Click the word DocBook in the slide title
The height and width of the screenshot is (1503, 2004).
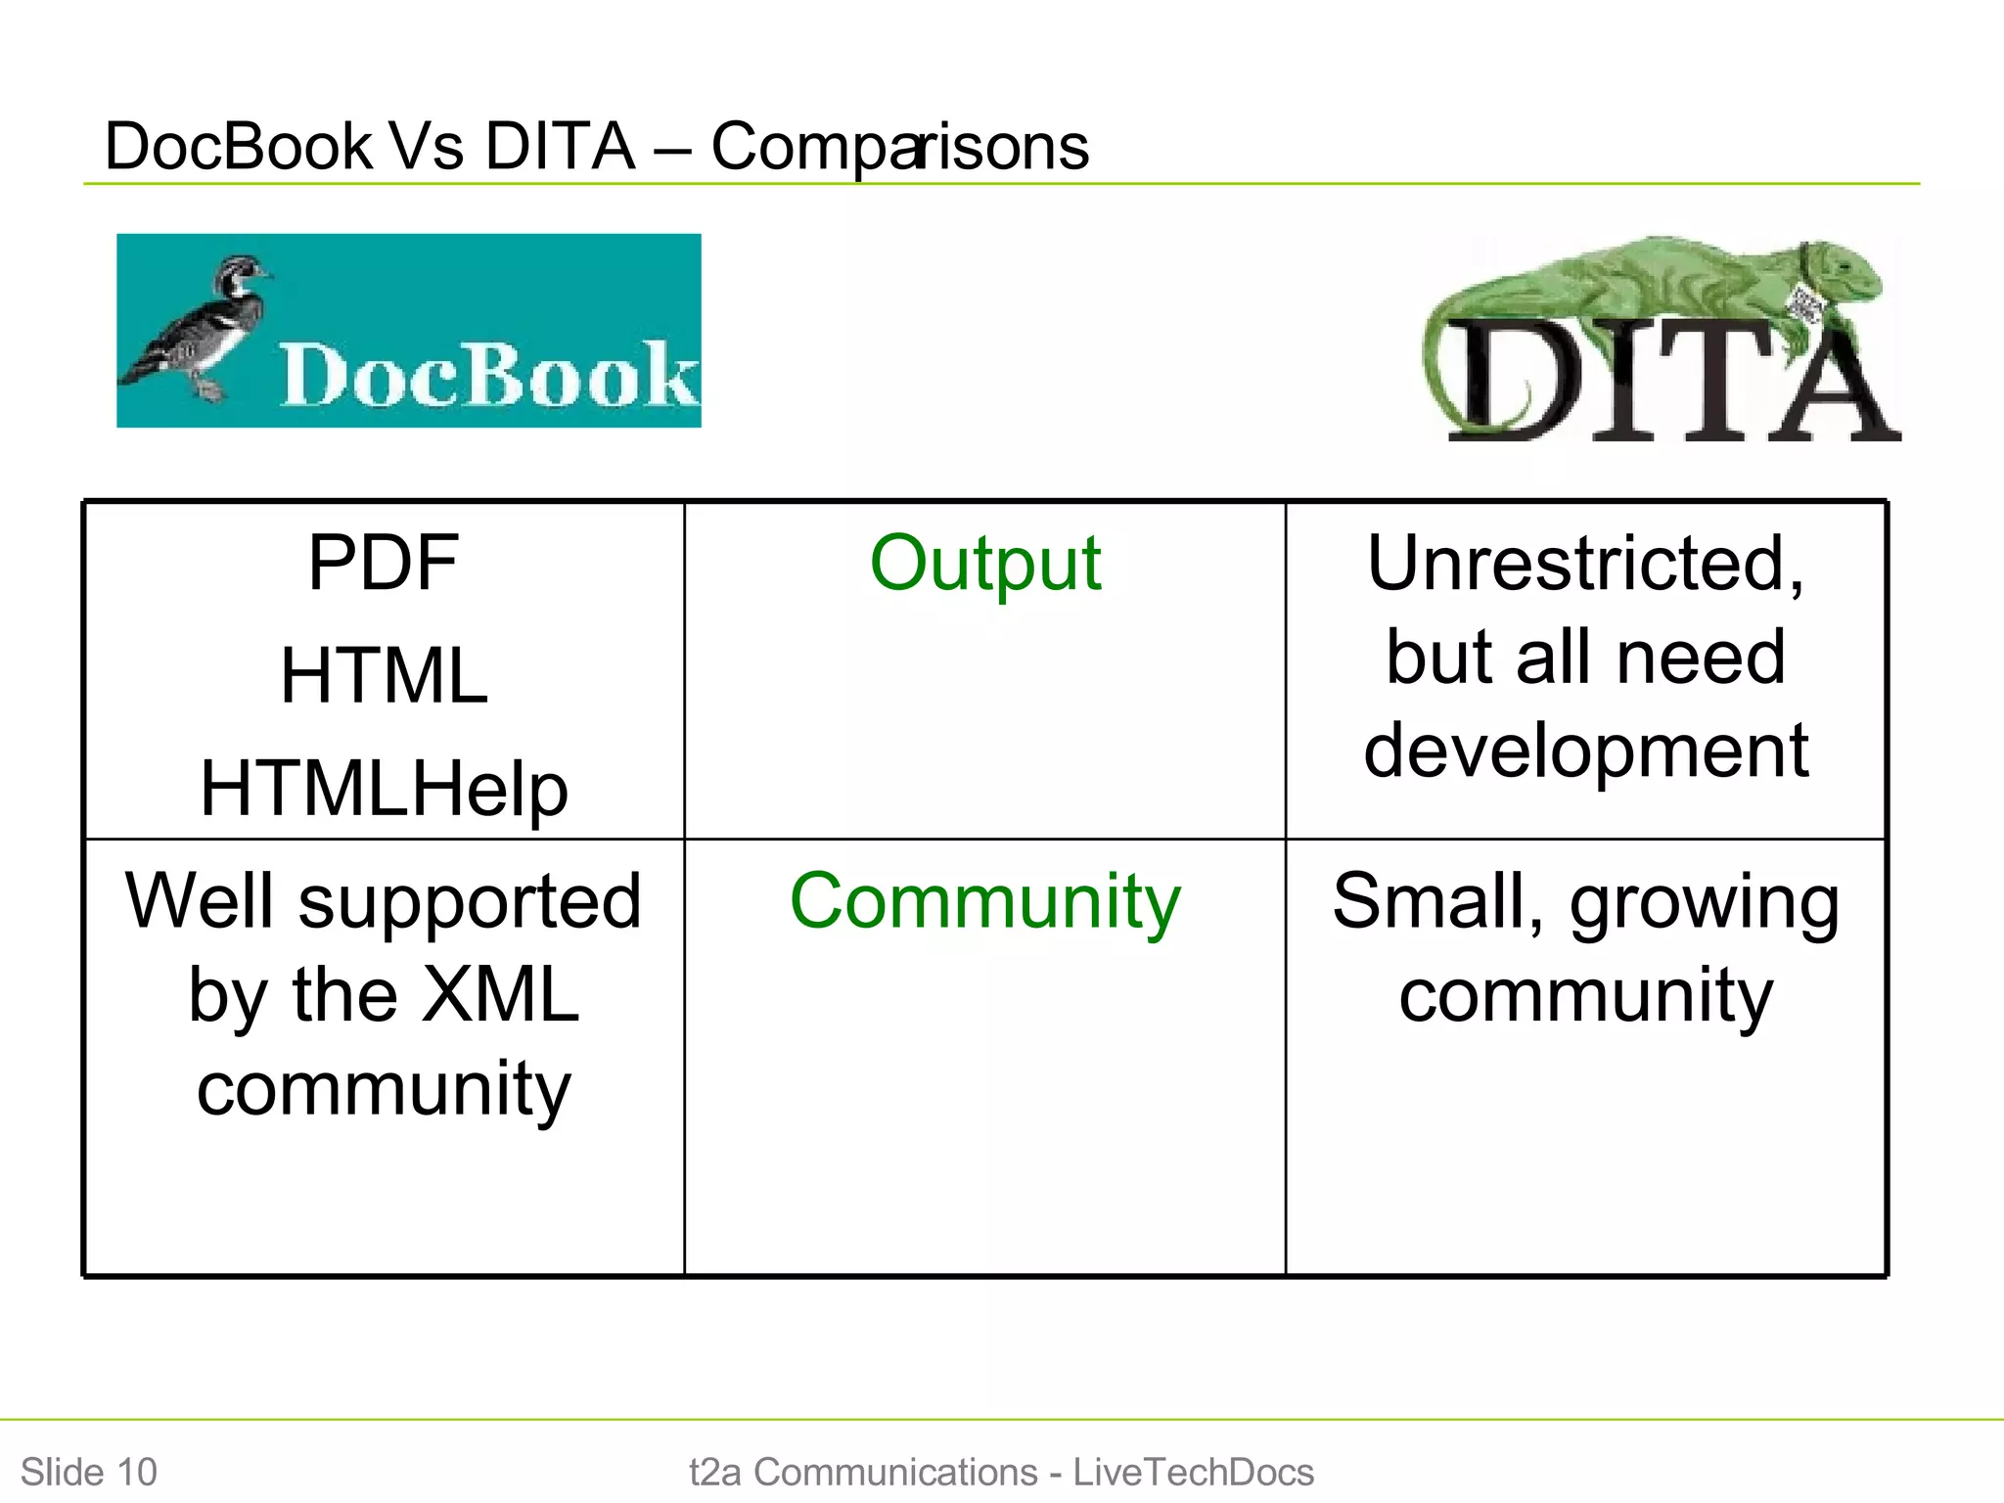[x=238, y=147]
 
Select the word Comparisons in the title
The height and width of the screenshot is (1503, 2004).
[x=899, y=147]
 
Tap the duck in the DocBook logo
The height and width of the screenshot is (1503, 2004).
[x=210, y=328]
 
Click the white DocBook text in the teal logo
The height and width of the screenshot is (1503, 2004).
[x=487, y=375]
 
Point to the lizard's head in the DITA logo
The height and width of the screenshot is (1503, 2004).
[x=1845, y=269]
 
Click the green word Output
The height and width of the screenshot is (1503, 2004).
[x=985, y=564]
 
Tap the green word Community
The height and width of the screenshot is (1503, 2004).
[x=985, y=901]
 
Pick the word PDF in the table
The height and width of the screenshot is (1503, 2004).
[x=383, y=564]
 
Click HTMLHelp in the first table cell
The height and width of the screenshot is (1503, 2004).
[x=384, y=789]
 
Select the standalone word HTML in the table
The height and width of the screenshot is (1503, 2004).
[x=384, y=676]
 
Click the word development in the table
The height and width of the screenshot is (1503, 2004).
[x=1586, y=751]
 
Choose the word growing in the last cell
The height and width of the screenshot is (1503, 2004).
[x=1705, y=903]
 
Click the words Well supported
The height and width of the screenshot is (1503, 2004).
[x=384, y=901]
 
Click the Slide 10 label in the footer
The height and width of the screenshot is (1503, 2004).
[x=89, y=1472]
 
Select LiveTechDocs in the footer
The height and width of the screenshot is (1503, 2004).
[x=1193, y=1472]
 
